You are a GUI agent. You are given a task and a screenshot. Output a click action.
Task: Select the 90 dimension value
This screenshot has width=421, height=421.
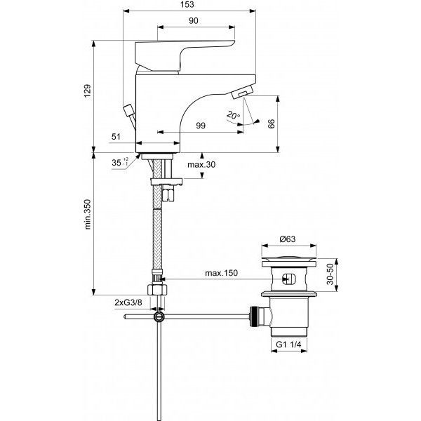(x=193, y=21)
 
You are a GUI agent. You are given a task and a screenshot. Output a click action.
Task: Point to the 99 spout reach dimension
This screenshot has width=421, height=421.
(x=201, y=125)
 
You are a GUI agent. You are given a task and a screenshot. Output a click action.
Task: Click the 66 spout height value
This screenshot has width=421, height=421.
(x=272, y=124)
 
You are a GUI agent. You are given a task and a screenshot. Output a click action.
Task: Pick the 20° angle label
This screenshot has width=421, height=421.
(x=234, y=114)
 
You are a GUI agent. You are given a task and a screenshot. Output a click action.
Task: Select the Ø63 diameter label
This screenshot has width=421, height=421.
(x=288, y=239)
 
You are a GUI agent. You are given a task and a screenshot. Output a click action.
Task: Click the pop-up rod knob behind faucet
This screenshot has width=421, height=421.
(x=128, y=109)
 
